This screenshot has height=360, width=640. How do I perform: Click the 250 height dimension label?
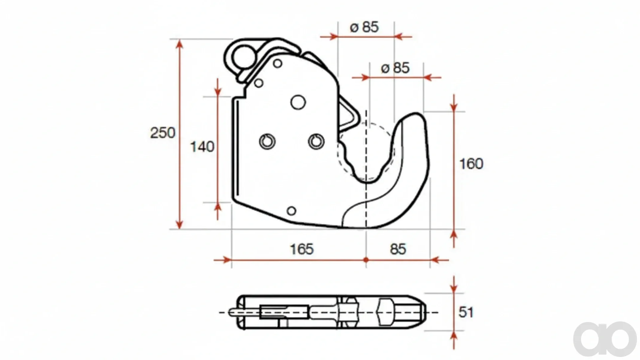pyautogui.click(x=162, y=133)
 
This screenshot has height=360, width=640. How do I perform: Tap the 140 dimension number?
pyautogui.click(x=202, y=147)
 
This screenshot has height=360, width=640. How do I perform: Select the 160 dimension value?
pyautogui.click(x=471, y=164)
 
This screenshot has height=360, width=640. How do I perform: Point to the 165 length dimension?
pyautogui.click(x=302, y=249)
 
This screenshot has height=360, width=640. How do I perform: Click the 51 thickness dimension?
pyautogui.click(x=466, y=312)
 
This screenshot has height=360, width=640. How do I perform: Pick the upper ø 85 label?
pyautogui.click(x=364, y=27)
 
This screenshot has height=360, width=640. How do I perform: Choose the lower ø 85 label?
pyautogui.click(x=395, y=68)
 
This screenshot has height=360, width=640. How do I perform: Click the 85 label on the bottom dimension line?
pyautogui.click(x=398, y=249)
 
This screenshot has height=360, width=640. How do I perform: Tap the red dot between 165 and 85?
pyautogui.click(x=366, y=260)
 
